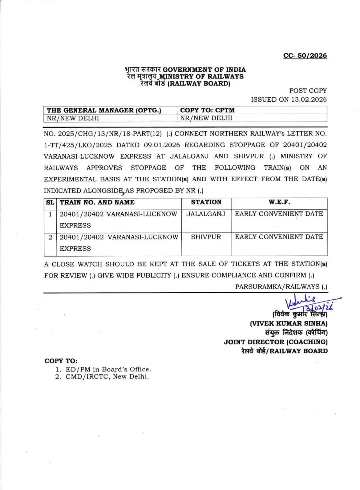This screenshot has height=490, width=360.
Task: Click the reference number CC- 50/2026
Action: coord(305,56)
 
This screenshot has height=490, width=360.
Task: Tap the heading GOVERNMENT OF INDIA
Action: coord(204,70)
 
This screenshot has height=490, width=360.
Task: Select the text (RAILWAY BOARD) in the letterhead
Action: coord(199,84)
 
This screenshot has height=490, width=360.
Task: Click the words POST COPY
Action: coord(308,91)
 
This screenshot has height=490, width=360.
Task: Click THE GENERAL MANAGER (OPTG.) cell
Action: coord(104,110)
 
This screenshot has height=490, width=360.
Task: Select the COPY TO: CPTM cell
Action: coord(207,110)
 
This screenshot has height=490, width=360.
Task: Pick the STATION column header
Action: coord(206,202)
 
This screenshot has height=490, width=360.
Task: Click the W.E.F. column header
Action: coord(279,202)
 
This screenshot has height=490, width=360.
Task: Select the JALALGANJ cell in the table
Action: coord(206,214)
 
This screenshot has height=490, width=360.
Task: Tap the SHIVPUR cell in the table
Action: coord(206,237)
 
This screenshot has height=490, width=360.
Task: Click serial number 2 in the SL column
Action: coord(50,237)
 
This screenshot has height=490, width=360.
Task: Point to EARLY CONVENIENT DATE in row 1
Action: coord(279,214)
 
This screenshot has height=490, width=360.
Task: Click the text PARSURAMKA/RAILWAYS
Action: coord(277,287)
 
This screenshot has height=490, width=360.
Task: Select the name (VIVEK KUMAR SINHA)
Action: coord(289,323)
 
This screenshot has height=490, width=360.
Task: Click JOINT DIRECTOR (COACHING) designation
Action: coord(275,342)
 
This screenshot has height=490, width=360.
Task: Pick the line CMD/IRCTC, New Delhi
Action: coord(107,377)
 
